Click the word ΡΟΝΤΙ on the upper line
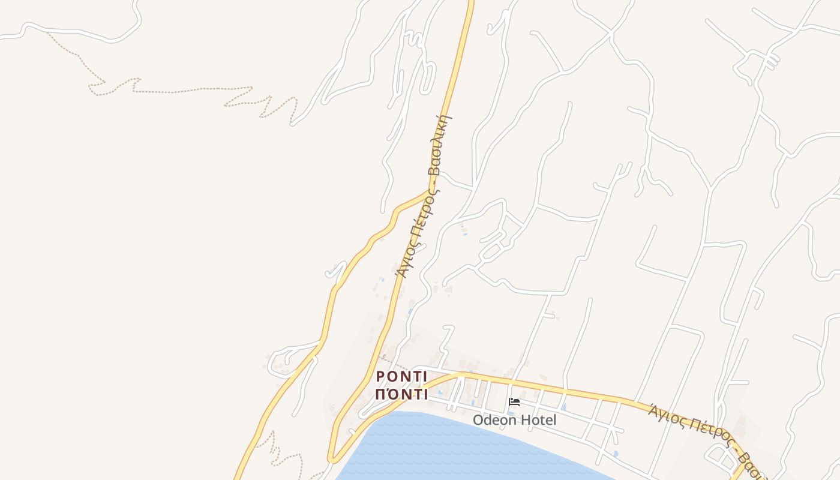click(401, 377)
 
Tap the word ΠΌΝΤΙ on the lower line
click(401, 395)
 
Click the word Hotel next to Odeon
click(538, 420)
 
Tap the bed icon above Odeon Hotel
click(514, 402)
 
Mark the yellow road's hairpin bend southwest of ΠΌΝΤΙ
click(331, 459)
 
